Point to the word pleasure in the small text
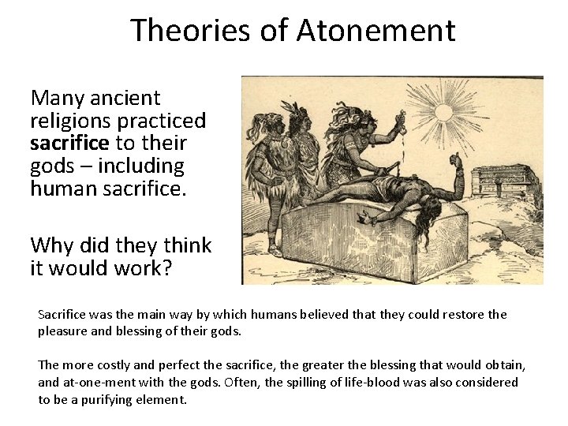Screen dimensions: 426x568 click(63, 331)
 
